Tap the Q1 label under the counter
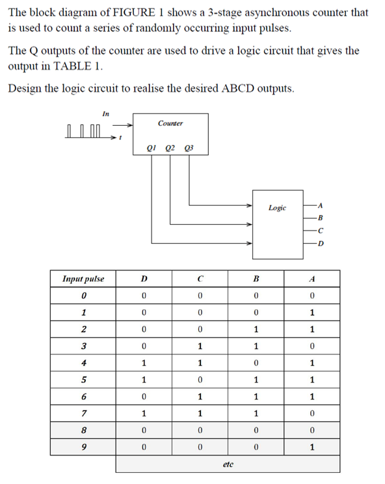click(153, 148)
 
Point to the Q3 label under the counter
click(189, 148)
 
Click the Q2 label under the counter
click(170, 148)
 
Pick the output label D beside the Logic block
click(319, 244)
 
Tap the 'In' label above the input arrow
click(105, 113)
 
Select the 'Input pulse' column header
click(83, 279)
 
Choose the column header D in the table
click(144, 279)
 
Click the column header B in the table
click(256, 279)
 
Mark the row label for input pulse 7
click(83, 414)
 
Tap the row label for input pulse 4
click(83, 363)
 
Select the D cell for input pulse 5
click(144, 380)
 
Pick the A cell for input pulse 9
click(313, 448)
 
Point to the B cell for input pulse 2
click(256, 329)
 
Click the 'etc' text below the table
click(228, 464)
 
